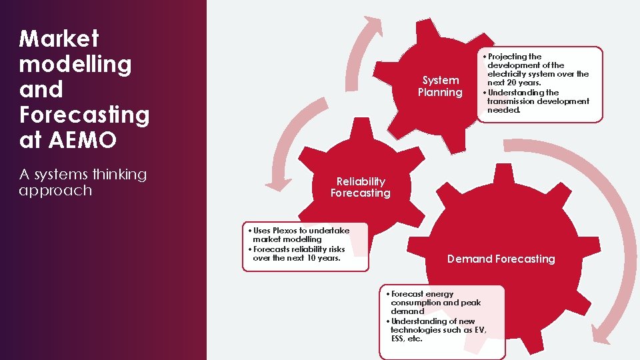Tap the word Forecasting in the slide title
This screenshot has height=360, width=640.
[x=85, y=115]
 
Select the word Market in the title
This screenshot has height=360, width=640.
[x=59, y=39]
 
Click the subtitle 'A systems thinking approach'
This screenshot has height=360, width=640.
[x=83, y=182]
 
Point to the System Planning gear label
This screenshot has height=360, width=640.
[x=440, y=86]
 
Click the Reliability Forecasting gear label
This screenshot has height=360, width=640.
[x=361, y=187]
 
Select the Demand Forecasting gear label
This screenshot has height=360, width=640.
[x=501, y=259]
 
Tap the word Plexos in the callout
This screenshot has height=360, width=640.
[x=284, y=231]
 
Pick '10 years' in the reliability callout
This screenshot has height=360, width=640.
[x=323, y=258]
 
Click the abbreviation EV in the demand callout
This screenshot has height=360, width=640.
[x=477, y=330]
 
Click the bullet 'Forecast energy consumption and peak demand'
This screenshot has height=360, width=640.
[x=433, y=303]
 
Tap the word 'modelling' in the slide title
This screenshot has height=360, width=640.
[x=75, y=64]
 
